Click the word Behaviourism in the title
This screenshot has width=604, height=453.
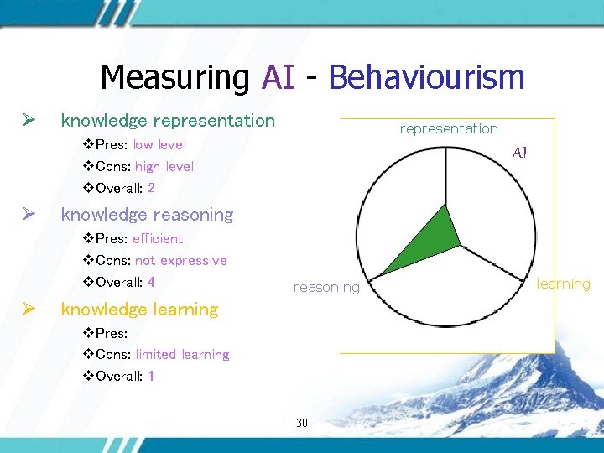[426, 77]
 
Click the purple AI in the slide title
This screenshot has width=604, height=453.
[278, 77]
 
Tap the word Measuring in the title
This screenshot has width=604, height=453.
[174, 77]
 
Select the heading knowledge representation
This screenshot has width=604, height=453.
[168, 121]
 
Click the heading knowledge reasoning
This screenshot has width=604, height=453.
[147, 215]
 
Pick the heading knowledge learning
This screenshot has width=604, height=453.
[139, 310]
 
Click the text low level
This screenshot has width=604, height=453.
[159, 144]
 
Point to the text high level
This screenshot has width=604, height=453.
[164, 166]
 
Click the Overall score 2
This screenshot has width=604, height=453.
[151, 188]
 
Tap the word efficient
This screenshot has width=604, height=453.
[158, 238]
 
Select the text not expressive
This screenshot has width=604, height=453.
[181, 260]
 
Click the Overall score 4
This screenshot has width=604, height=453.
[151, 282]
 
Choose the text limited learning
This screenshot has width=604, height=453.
[182, 354]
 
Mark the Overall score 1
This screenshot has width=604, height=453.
[151, 376]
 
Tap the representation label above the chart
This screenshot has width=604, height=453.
[449, 128]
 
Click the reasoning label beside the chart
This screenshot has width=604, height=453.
[326, 288]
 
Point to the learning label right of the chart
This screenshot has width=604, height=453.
[564, 284]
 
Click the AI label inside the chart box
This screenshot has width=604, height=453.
[519, 153]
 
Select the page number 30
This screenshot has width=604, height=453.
[302, 422]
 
